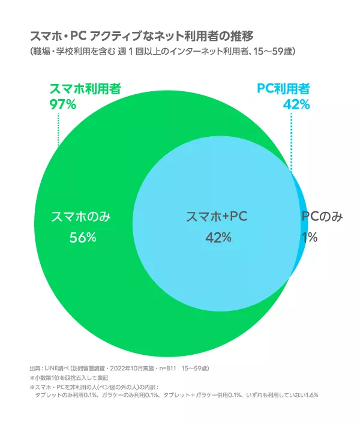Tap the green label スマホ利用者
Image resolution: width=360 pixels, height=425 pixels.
pos(85,89)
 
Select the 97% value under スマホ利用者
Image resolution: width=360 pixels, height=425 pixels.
pos(62,104)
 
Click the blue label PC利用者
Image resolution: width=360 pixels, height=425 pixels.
pos(283,89)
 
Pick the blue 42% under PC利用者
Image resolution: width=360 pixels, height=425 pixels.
pos(296,104)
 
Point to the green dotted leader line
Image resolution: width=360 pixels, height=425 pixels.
pos(58,129)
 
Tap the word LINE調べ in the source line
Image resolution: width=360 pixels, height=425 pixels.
pos(56,367)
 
